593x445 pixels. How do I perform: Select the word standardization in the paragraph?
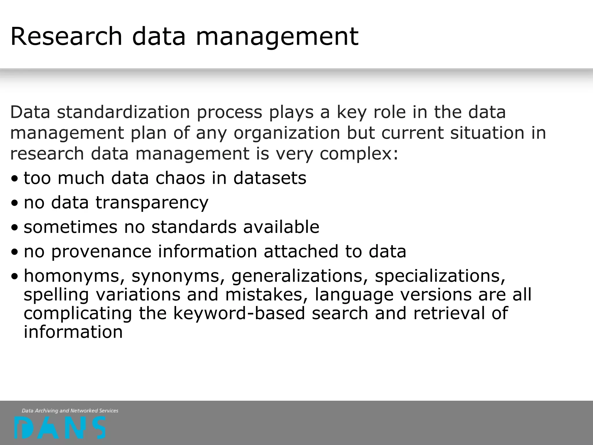pos(123,112)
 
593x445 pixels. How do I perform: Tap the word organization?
pos(287,133)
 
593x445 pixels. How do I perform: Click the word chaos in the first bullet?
pos(180,178)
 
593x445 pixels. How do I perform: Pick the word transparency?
pos(152,203)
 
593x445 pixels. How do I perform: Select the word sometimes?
pos(70,227)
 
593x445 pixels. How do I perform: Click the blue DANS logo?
pos(60,428)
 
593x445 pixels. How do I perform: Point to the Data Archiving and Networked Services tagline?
pos(70,411)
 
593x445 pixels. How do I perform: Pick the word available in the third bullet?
pos(281,227)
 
